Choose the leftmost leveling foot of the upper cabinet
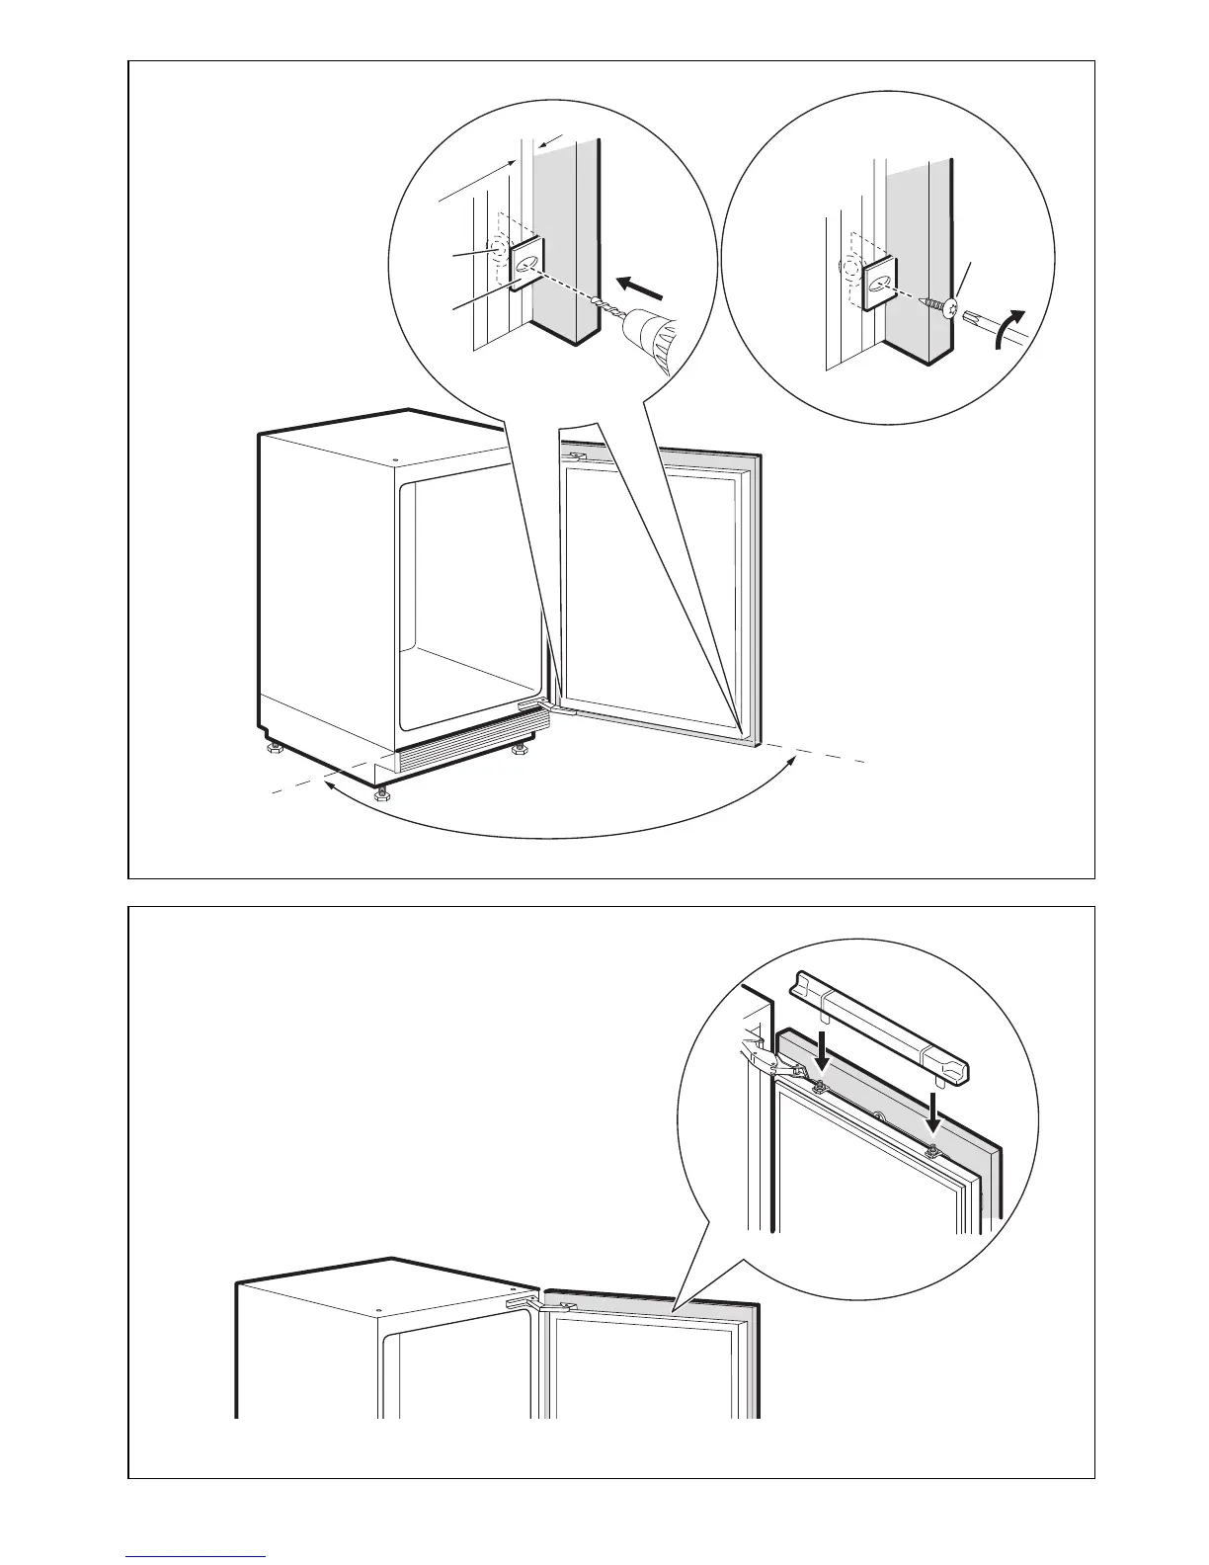coord(270,751)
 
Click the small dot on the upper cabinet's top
coord(394,460)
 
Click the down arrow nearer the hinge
coord(821,1062)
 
